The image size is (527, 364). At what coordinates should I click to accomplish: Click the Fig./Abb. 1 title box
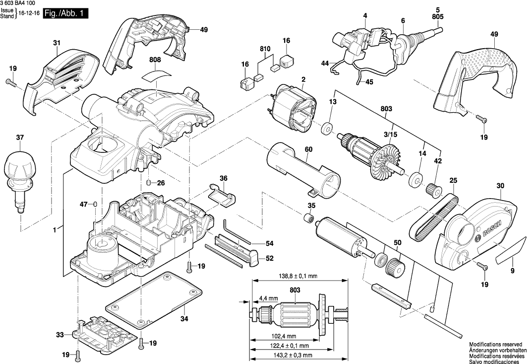point(66,14)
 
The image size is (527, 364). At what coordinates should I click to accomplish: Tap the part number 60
point(308,149)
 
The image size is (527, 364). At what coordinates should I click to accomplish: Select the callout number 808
point(155,60)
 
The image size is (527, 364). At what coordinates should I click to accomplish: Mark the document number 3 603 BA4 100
point(21,3)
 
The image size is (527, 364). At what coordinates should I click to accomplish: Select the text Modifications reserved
point(495,344)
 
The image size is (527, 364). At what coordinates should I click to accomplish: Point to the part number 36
point(224,178)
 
